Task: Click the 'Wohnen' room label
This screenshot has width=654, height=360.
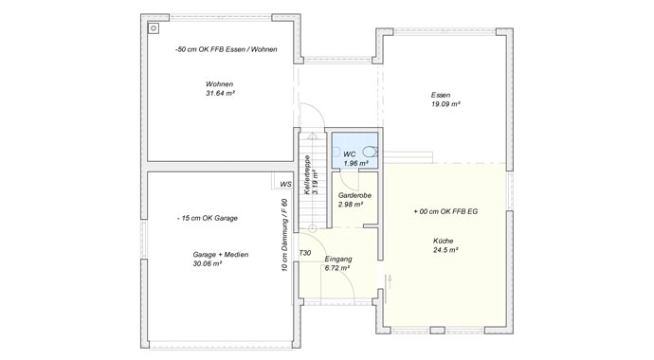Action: point(219,84)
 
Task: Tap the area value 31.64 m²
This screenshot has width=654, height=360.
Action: point(219,94)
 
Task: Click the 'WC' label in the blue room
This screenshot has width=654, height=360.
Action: point(349,153)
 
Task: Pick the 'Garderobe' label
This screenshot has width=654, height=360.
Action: point(354,194)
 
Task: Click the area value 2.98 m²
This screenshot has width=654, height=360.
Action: point(352,204)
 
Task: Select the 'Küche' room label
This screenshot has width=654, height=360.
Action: point(444,242)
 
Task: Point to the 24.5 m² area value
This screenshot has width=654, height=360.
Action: point(445,251)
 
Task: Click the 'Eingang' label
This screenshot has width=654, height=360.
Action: point(338,259)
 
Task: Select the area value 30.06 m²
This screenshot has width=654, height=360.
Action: point(208,264)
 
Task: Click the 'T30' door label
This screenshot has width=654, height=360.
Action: point(304,254)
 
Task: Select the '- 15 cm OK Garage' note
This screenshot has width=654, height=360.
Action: point(207,218)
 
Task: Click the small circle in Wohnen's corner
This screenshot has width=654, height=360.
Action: point(152,27)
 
